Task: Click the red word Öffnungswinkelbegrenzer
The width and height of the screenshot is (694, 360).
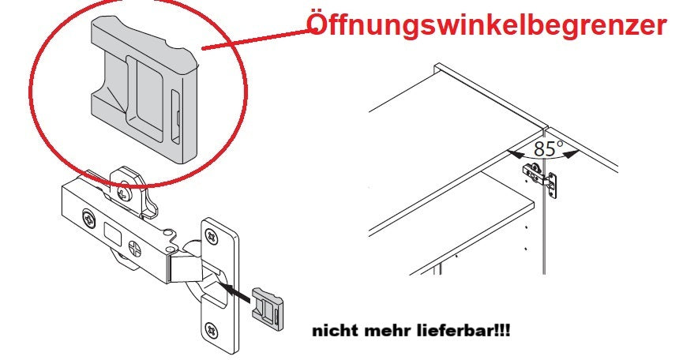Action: click(486, 25)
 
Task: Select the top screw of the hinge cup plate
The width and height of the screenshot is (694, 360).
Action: click(212, 235)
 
